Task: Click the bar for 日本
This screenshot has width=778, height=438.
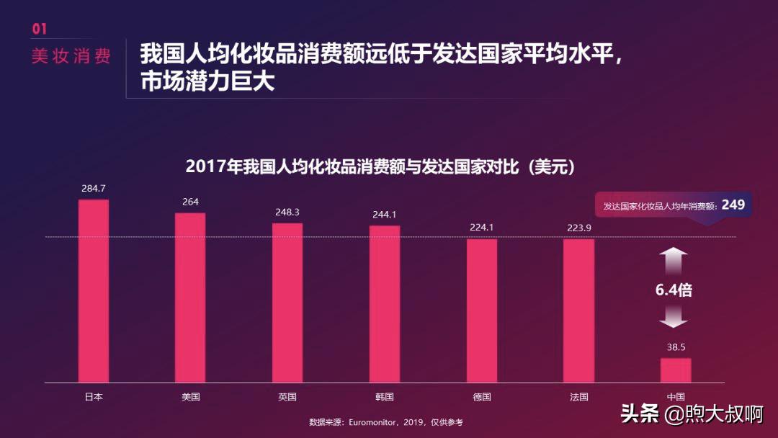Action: [x=94, y=291]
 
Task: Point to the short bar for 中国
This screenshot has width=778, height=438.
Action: [x=676, y=370]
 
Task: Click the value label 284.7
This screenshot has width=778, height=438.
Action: [x=94, y=189]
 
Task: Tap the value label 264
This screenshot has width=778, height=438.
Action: [x=190, y=202]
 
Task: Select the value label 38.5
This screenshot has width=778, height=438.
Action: [x=676, y=347]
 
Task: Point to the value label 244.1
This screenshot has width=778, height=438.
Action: [x=385, y=215]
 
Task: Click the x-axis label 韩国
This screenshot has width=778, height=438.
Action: [x=385, y=397]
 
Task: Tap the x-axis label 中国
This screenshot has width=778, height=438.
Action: [x=676, y=397]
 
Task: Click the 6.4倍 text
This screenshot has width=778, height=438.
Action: [x=674, y=290]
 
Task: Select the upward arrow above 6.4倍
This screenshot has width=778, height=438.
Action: [x=674, y=260]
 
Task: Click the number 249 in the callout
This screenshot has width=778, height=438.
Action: [x=733, y=205]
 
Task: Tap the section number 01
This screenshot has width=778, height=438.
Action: [x=40, y=29]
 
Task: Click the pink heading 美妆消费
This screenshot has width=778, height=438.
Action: [x=71, y=57]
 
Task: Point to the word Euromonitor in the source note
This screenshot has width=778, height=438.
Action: [x=375, y=422]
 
